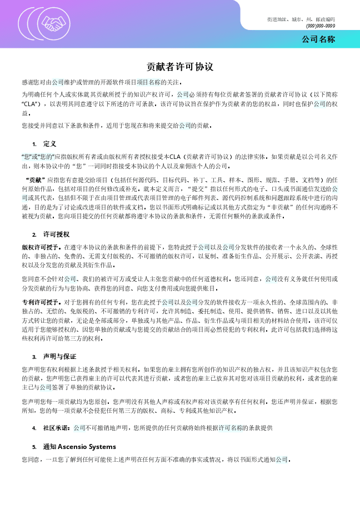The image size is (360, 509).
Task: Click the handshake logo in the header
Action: [54, 23]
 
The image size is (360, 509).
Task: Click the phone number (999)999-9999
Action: [320, 26]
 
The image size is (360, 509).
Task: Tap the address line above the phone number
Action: [301, 19]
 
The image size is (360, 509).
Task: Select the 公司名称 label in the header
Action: [318, 39]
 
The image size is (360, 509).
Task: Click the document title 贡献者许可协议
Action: [180, 67]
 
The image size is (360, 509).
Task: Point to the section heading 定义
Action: [49, 143]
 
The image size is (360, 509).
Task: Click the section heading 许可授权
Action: [56, 234]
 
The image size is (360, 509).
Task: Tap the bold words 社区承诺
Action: [56, 428]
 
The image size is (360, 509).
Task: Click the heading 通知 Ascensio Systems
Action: [79, 446]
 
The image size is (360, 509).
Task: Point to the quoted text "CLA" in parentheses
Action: [30, 103]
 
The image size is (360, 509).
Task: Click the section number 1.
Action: [34, 143]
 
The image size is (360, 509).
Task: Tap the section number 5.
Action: [34, 446]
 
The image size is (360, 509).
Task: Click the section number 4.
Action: [34, 428]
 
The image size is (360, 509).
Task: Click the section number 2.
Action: [34, 234]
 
